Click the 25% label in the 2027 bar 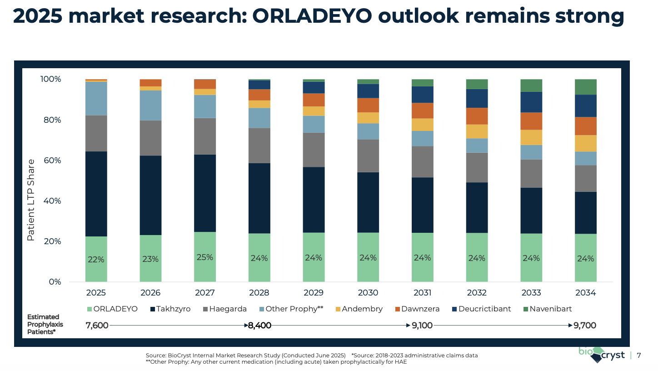pyautogui.click(x=204, y=257)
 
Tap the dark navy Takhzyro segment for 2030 pyautogui.click(x=368, y=202)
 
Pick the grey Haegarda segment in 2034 pyautogui.click(x=585, y=179)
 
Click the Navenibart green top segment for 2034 pyautogui.click(x=585, y=87)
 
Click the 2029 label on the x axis pyautogui.click(x=314, y=293)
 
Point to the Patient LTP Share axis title pyautogui.click(x=31, y=200)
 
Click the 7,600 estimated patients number pyautogui.click(x=97, y=326)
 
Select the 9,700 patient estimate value pyautogui.click(x=585, y=326)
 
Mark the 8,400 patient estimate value pyautogui.click(x=259, y=326)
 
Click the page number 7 pyautogui.click(x=639, y=356)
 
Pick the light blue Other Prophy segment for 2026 pyautogui.click(x=150, y=105)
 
